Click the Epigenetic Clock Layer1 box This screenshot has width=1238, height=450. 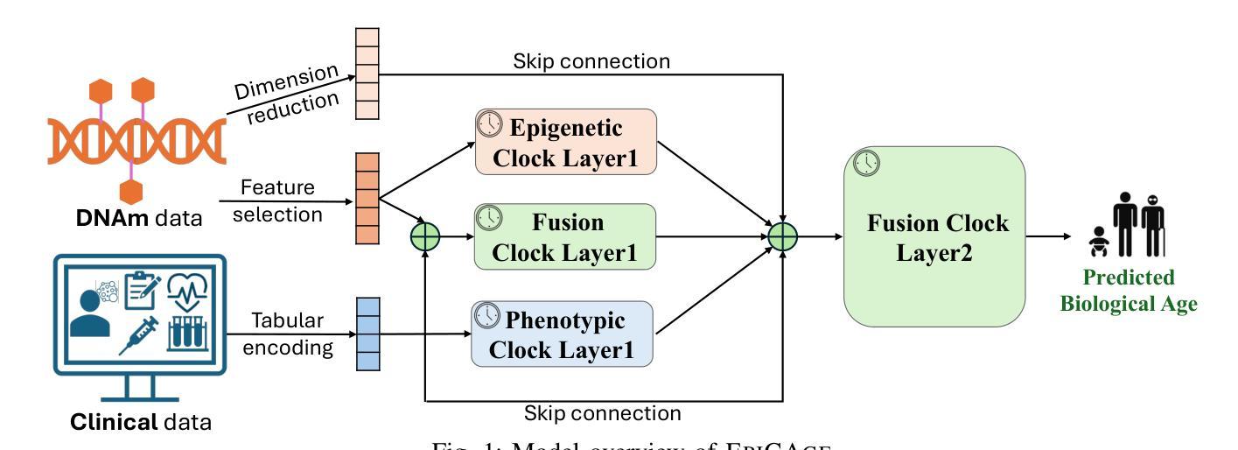565,142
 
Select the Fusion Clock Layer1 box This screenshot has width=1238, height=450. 565,236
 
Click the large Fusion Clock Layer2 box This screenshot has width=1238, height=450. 934,236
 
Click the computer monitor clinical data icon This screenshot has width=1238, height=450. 140,315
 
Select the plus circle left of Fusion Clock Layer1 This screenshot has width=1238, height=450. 424,236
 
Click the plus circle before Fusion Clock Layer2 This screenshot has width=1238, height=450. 784,236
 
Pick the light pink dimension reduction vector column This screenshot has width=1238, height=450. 367,73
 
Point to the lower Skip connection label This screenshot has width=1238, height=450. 602,412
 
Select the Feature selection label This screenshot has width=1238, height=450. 277,200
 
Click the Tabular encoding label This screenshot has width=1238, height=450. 288,335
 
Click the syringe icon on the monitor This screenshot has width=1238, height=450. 140,335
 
